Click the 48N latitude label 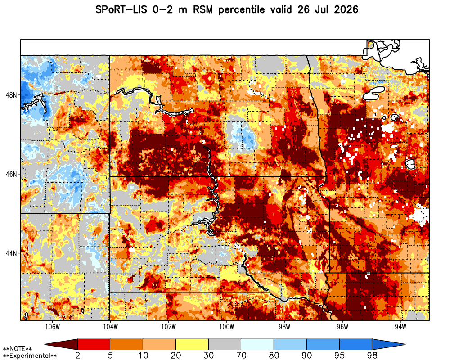click(11, 95)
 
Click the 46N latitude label click(11, 174)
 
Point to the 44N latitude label click(11, 253)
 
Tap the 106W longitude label click(53, 327)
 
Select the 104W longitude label click(110, 327)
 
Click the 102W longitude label click(168, 327)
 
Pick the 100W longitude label click(226, 327)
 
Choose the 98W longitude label click(284, 327)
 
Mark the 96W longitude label click(342, 327)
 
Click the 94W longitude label click(400, 327)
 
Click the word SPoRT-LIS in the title click(121, 10)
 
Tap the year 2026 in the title click(346, 10)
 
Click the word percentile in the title click(241, 10)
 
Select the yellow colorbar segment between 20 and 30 click(192, 344)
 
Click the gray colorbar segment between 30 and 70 click(225, 344)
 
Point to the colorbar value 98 click(372, 355)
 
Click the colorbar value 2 click(78, 355)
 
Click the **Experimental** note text click(30, 356)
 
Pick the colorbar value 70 click(241, 355)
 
